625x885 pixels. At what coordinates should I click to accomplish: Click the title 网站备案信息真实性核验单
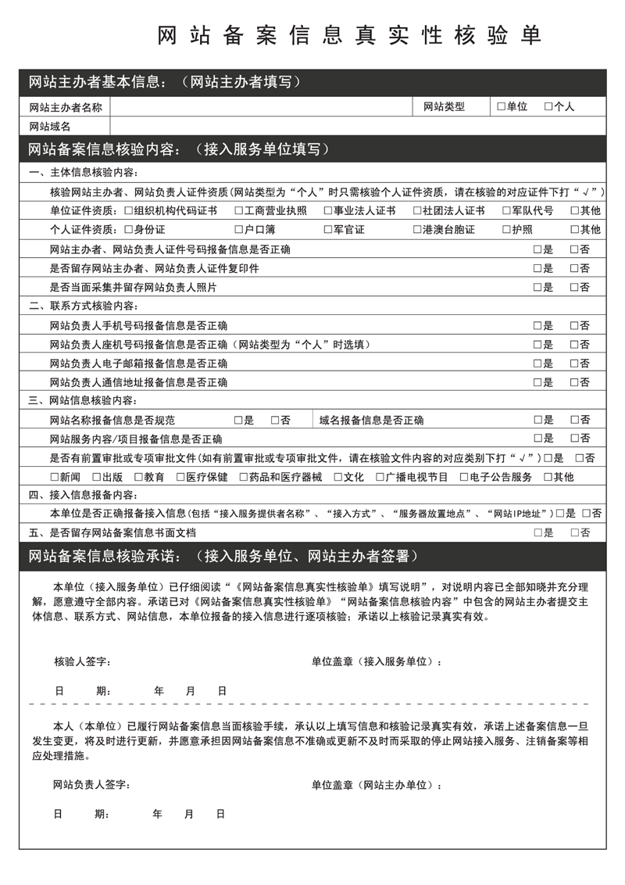pyautogui.click(x=349, y=35)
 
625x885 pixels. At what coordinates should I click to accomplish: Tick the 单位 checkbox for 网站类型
pyautogui.click(x=501, y=106)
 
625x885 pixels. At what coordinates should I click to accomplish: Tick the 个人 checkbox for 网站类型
pyautogui.click(x=548, y=106)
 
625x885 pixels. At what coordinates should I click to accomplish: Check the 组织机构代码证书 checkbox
pyautogui.click(x=129, y=211)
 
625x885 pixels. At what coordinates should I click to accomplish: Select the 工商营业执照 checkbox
pyautogui.click(x=239, y=211)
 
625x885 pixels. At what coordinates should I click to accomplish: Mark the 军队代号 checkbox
pyautogui.click(x=507, y=211)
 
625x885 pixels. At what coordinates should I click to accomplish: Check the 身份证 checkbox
pyautogui.click(x=129, y=230)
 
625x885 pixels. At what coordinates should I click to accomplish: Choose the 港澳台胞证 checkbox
pyautogui.click(x=418, y=230)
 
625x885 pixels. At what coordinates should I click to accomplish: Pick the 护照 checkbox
pyautogui.click(x=507, y=230)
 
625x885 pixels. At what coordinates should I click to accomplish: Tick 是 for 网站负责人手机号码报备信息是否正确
pyautogui.click(x=537, y=325)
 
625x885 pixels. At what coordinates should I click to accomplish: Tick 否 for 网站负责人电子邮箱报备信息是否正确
pyautogui.click(x=575, y=364)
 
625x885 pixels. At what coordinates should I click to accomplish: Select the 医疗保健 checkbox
pyautogui.click(x=180, y=477)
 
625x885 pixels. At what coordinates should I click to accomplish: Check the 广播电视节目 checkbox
pyautogui.click(x=380, y=477)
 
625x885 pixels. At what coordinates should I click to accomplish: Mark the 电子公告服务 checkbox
pyautogui.click(x=464, y=477)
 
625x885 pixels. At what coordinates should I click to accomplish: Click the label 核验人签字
pyautogui.click(x=82, y=662)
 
